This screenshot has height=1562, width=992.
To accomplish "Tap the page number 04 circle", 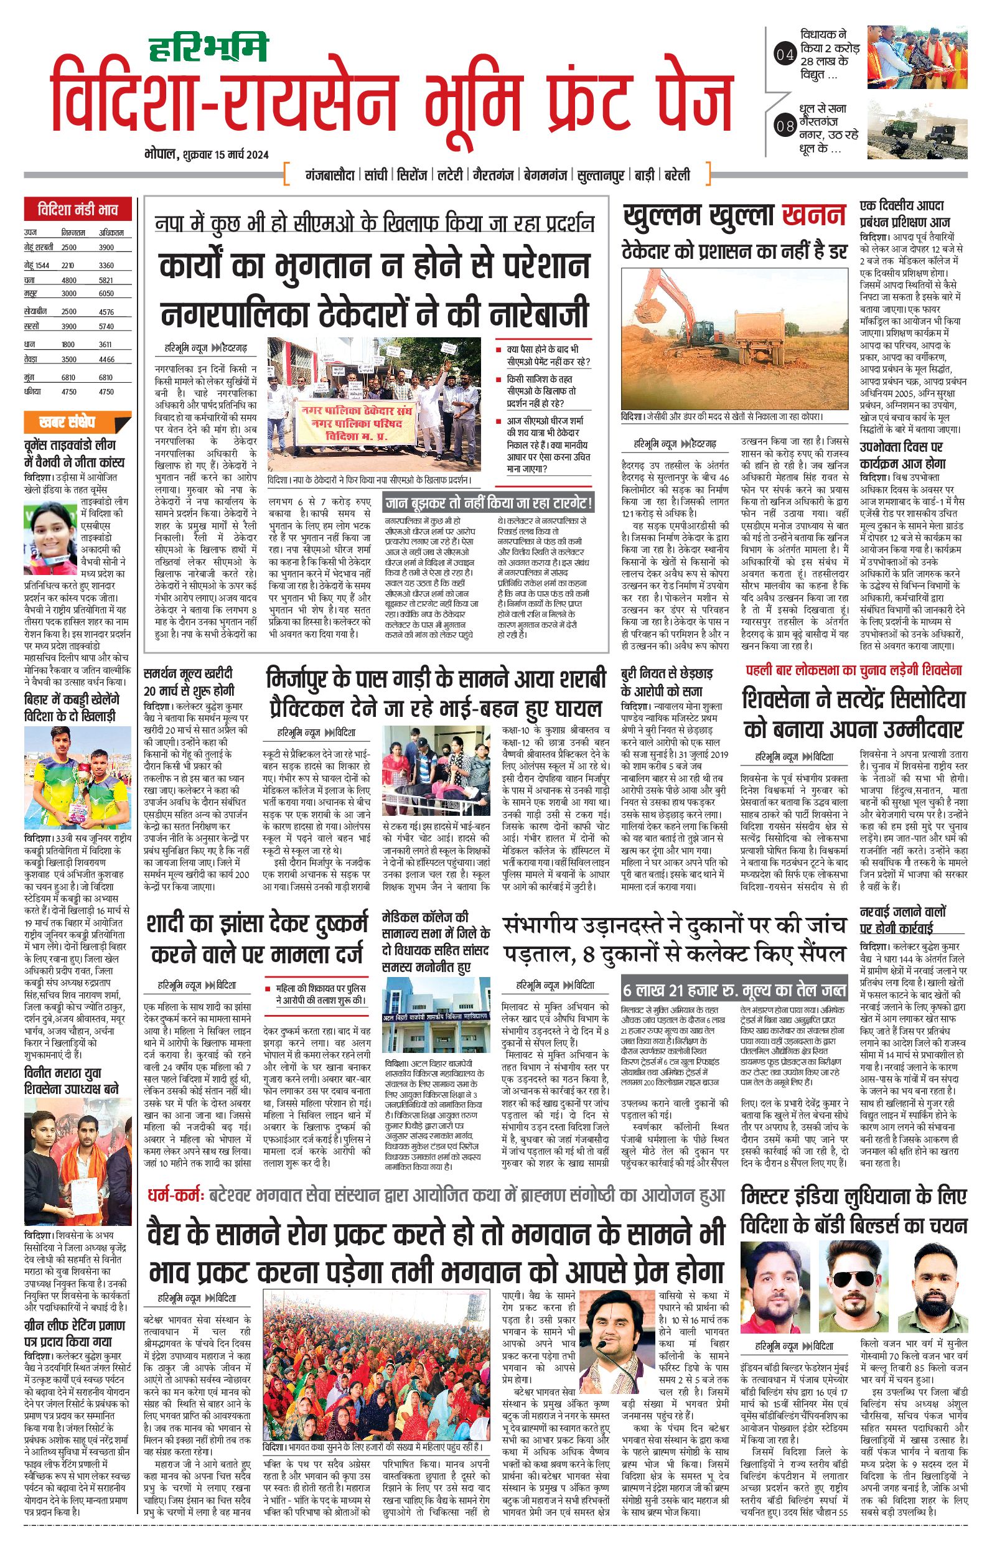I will [x=784, y=55].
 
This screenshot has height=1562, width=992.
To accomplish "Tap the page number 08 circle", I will [x=785, y=126].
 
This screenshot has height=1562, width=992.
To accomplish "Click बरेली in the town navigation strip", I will [x=677, y=175].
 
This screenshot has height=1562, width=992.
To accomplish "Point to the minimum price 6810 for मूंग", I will [x=69, y=377].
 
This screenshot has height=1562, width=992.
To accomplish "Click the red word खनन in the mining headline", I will [x=813, y=215].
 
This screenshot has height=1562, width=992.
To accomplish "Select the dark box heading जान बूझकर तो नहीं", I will [x=489, y=502].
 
